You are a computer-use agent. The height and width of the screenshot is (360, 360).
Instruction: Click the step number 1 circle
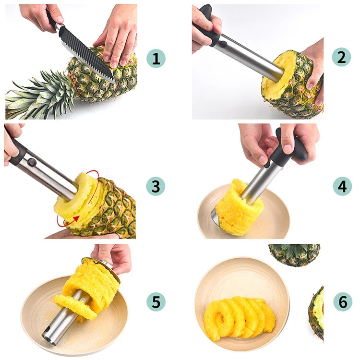[156, 59]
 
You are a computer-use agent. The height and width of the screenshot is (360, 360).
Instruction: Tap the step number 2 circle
[341, 57]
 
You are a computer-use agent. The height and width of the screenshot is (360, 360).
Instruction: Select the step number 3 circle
[156, 186]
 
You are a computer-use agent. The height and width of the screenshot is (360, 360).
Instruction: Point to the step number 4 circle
[342, 186]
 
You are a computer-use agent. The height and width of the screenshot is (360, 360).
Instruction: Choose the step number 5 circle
[156, 302]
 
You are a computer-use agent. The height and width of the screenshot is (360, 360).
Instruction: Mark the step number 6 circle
[343, 302]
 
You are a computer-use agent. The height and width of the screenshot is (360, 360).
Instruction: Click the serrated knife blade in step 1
[87, 54]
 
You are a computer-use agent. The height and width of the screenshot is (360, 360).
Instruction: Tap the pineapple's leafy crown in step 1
[39, 96]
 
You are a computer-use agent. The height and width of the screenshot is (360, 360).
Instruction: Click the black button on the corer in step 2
[223, 44]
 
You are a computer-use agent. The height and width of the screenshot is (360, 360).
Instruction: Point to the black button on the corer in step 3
[32, 163]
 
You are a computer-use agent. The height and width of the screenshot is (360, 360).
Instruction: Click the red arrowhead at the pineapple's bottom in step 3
[76, 218]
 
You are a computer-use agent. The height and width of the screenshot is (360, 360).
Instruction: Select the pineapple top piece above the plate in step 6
[294, 255]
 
